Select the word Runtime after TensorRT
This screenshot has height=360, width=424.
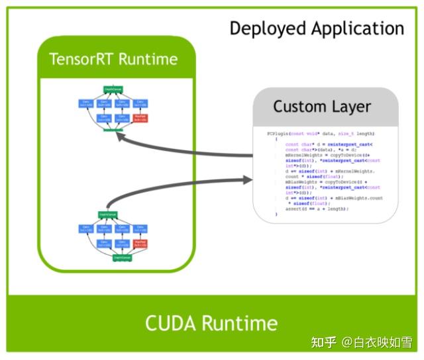tap(149, 59)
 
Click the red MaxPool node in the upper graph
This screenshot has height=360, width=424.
tap(139, 118)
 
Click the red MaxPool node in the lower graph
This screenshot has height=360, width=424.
tap(139, 243)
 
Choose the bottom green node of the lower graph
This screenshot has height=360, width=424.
tap(108, 257)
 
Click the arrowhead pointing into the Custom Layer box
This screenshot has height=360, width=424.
tap(248, 179)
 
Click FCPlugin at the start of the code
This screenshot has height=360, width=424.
tap(278, 134)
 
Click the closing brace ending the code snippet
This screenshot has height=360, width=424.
tap(276, 214)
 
